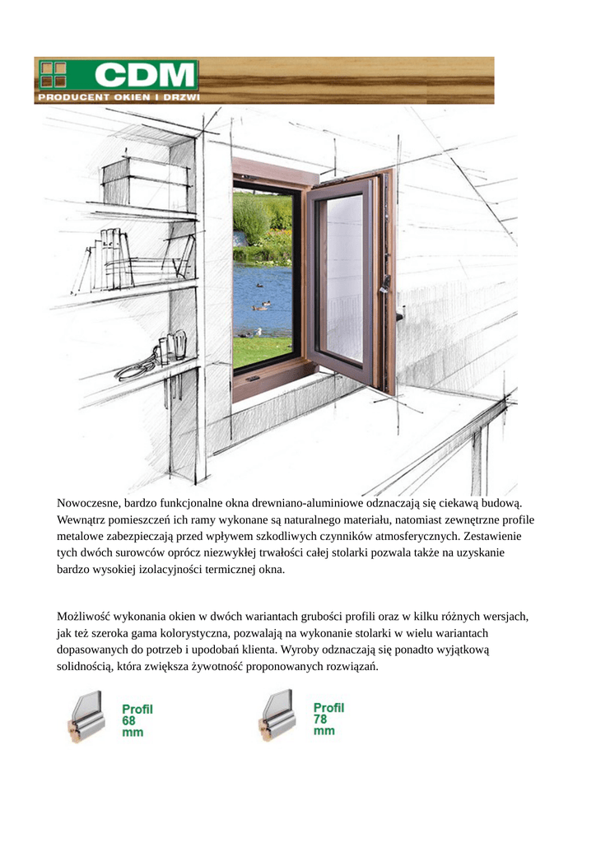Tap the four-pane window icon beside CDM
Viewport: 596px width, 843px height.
pos(54,74)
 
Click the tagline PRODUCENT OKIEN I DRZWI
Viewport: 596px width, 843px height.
pos(118,97)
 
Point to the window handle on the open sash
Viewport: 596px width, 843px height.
pos(384,285)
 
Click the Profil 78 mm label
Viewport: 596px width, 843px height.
pos(328,718)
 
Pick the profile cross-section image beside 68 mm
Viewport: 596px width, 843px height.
pos(87,717)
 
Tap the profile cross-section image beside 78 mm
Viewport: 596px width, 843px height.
pos(278,717)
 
